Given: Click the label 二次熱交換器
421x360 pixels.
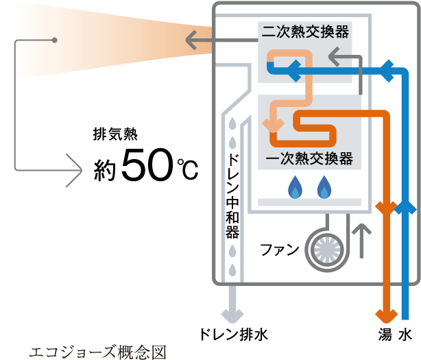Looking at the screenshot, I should point(305,32).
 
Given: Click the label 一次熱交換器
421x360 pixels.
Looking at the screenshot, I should point(309,159).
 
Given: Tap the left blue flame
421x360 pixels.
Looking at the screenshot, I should point(296,186).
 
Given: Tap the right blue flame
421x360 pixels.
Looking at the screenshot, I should point(324,186).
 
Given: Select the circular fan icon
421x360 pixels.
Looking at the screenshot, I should point(322,248).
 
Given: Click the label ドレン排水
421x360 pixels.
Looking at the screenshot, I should point(233,336).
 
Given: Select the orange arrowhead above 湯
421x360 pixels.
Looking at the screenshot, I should point(385,315).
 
